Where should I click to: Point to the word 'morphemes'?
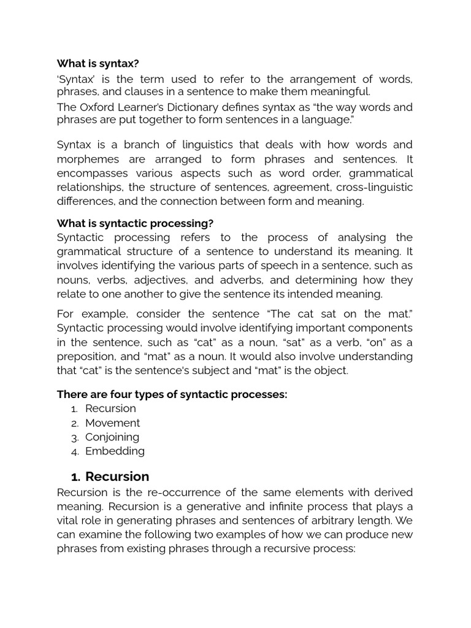pos(83,159)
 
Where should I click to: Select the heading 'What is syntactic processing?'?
pos(135,223)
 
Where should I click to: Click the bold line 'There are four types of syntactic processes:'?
pos(172,394)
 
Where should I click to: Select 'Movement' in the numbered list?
pos(112,423)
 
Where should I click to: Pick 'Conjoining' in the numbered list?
pos(112,437)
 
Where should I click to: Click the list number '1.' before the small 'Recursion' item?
pos(74,409)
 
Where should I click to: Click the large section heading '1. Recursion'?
pos(110,477)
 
